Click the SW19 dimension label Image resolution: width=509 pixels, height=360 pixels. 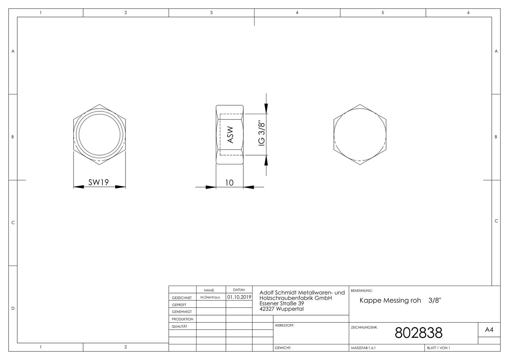click(x=98, y=182)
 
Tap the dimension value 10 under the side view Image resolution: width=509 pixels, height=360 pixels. click(x=229, y=183)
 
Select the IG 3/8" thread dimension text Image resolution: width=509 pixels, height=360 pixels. click(x=262, y=134)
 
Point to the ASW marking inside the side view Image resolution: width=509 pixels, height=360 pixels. click(x=230, y=135)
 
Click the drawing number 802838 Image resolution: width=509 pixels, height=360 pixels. click(x=418, y=333)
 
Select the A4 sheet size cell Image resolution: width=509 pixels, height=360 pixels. click(x=489, y=329)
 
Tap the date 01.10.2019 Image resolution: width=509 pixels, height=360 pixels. click(x=239, y=297)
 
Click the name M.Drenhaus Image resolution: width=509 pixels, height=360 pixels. click(x=210, y=297)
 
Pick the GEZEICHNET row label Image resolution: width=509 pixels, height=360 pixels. click(x=182, y=298)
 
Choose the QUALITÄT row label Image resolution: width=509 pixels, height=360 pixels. click(x=179, y=326)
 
